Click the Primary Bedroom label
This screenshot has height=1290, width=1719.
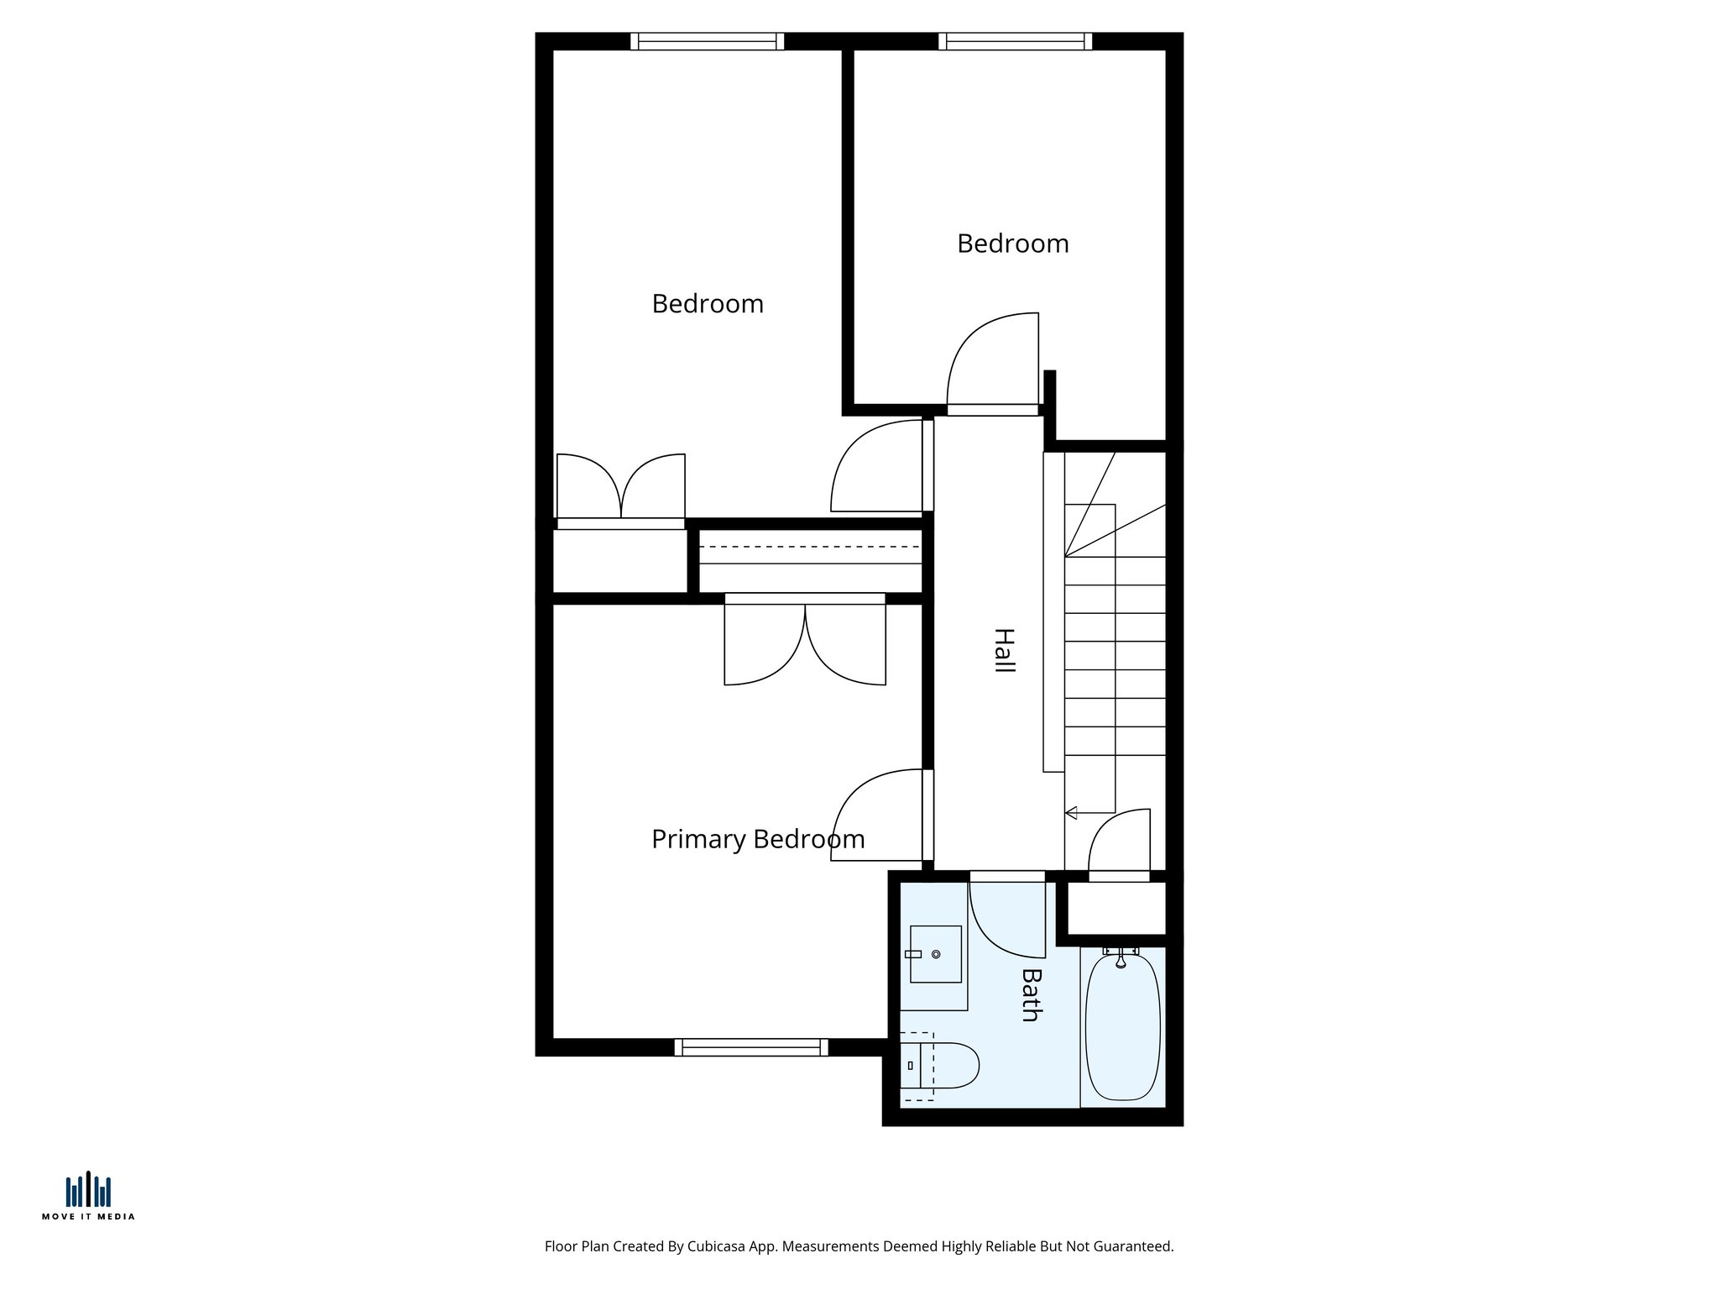[x=757, y=839]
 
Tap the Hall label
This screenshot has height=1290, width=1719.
[x=1004, y=650]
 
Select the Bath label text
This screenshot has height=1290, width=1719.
[x=1031, y=995]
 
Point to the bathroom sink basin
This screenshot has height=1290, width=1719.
[x=936, y=954]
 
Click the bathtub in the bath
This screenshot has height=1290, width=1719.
[x=1123, y=1029]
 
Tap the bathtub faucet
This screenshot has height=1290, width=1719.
[x=1121, y=958]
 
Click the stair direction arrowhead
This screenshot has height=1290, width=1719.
[x=1071, y=812]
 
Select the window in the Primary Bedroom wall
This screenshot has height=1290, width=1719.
[x=751, y=1046]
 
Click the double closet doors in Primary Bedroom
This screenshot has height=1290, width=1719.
[x=805, y=642]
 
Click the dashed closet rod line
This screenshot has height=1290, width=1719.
[x=809, y=547]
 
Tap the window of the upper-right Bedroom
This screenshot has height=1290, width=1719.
[x=1015, y=41]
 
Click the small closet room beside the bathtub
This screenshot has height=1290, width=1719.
[x=1116, y=907]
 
